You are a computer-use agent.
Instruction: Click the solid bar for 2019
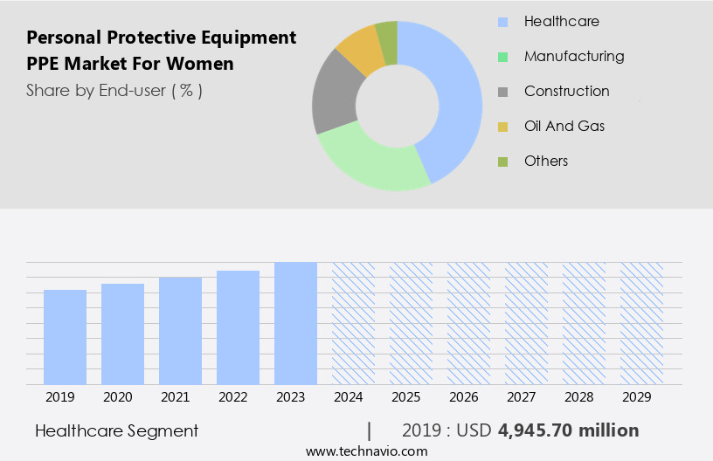tap(66, 337)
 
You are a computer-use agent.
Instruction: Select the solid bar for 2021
tap(181, 330)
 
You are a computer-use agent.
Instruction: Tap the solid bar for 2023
tap(295, 323)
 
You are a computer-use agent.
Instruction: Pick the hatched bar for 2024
tap(353, 323)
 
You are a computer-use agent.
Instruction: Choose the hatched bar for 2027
tap(526, 323)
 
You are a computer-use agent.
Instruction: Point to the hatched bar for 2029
tap(641, 323)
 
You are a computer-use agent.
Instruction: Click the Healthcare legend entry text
tap(561, 21)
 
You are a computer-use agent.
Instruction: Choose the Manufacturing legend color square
tap(502, 57)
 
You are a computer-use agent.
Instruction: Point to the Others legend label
tap(546, 161)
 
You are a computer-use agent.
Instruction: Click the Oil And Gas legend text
tap(564, 126)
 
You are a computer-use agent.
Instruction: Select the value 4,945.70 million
tap(569, 430)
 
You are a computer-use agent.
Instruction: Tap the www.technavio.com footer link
tap(366, 451)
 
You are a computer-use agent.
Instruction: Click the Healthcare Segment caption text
tap(117, 430)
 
